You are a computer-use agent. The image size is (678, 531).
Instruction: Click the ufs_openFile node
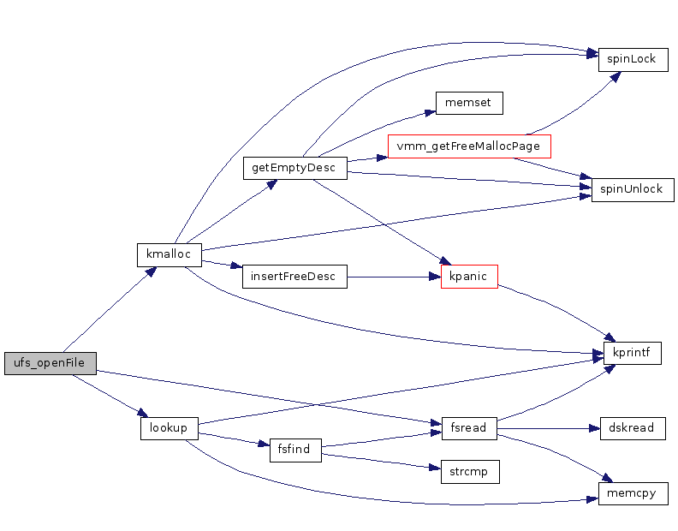(50, 363)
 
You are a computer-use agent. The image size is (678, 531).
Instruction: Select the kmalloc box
(169, 254)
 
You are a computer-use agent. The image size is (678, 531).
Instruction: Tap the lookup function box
(169, 428)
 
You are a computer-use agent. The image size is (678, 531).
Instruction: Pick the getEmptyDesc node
(294, 168)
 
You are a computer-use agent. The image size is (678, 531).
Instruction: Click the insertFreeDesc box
(294, 277)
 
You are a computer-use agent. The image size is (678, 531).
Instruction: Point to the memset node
(468, 103)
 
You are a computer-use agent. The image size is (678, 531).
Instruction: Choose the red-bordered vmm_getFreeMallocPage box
(468, 146)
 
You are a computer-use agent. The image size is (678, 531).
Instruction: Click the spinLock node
(632, 59)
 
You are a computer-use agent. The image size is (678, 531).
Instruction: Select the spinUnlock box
(632, 189)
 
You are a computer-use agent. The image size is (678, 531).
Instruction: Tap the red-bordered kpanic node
(468, 277)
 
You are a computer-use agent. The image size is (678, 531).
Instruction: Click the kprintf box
(632, 352)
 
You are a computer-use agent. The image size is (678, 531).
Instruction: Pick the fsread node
(468, 428)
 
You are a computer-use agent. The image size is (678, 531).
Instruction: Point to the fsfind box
(294, 450)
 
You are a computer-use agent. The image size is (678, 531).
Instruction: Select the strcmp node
(468, 471)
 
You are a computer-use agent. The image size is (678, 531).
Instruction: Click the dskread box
(632, 428)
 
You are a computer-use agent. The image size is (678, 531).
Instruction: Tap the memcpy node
(632, 493)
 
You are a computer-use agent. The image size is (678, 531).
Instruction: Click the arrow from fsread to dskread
(548, 428)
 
